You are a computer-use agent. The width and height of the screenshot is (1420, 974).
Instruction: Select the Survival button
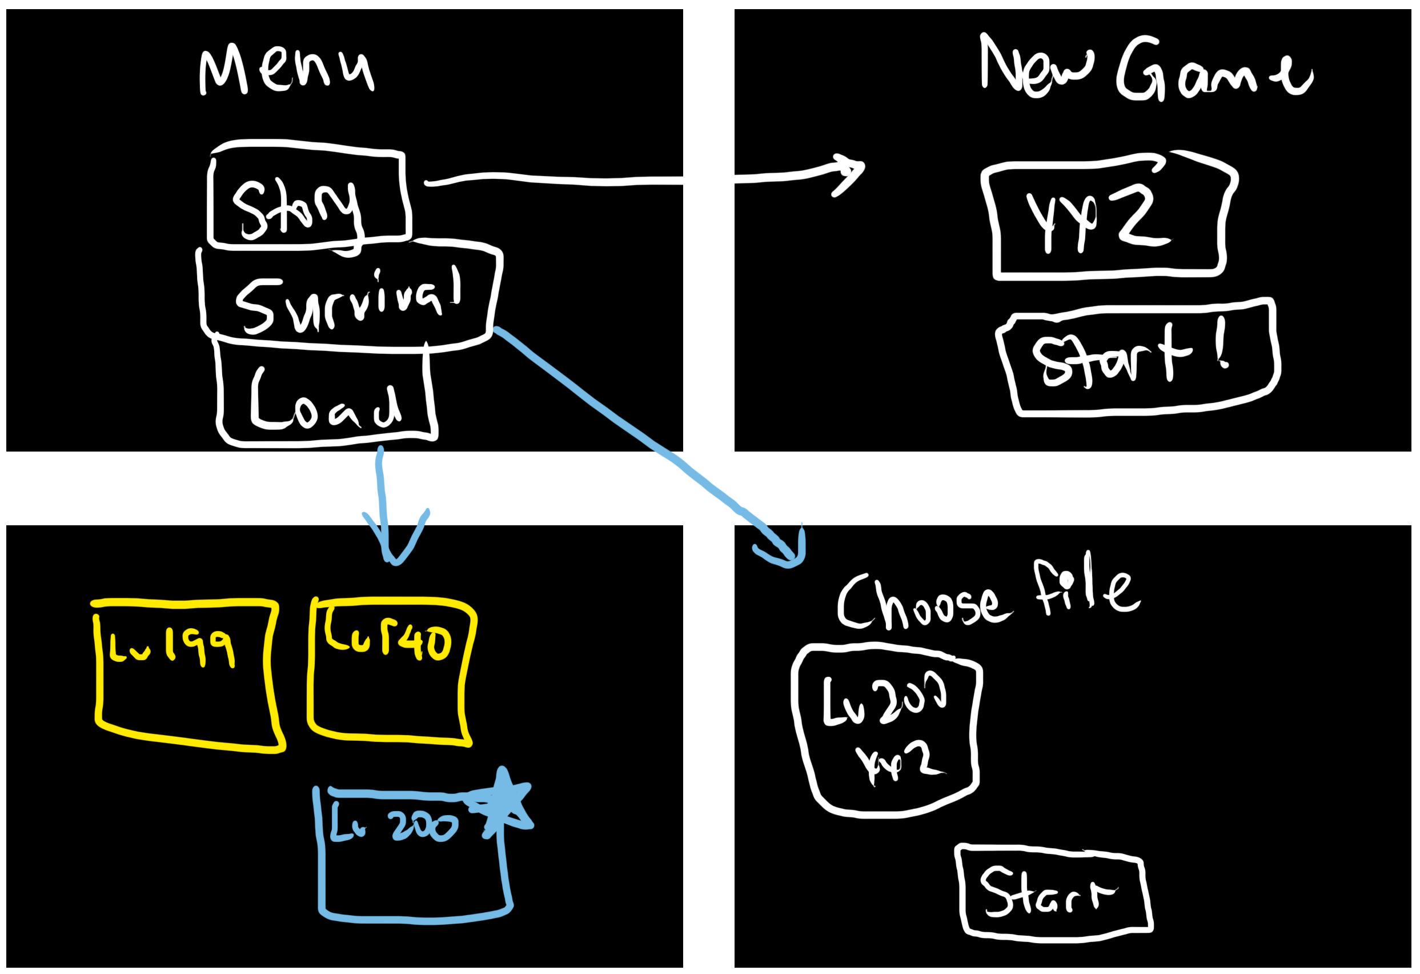click(x=350, y=298)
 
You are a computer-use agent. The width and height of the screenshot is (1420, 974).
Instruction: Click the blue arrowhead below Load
click(x=395, y=544)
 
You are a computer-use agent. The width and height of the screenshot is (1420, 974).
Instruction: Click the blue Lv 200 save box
click(x=412, y=856)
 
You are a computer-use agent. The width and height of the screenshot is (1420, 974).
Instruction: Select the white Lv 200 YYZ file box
click(x=886, y=728)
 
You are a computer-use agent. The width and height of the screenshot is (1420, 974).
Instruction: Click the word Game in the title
click(x=1213, y=70)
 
